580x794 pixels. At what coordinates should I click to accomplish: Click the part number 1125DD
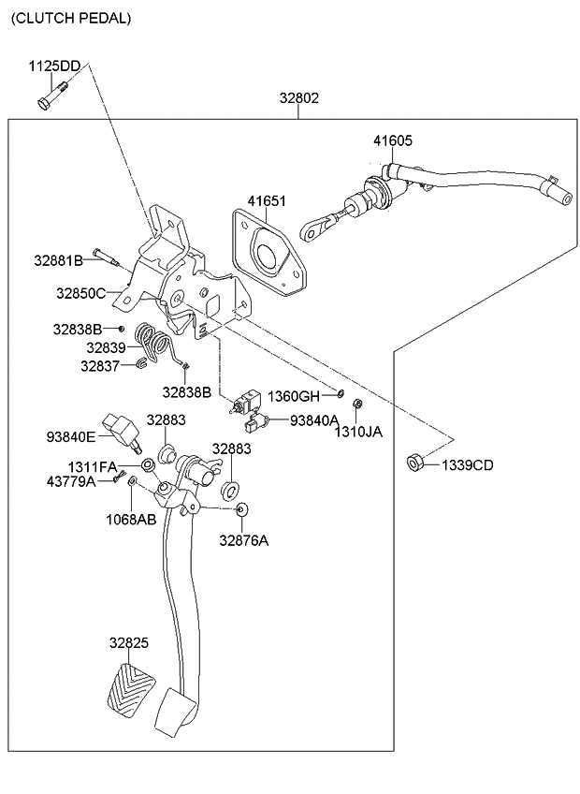(x=54, y=66)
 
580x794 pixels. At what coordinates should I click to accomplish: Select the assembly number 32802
(x=298, y=97)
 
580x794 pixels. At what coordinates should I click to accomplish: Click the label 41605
(x=392, y=141)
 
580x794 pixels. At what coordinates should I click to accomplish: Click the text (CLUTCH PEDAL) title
(x=71, y=18)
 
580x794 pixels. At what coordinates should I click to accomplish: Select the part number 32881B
(x=58, y=259)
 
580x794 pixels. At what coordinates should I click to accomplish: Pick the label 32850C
(x=80, y=293)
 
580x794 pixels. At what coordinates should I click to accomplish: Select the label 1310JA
(x=360, y=432)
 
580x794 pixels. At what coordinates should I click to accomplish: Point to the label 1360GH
(x=295, y=396)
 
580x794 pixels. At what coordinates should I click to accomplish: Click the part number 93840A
(x=313, y=420)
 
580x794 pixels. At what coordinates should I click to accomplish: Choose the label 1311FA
(x=92, y=465)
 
